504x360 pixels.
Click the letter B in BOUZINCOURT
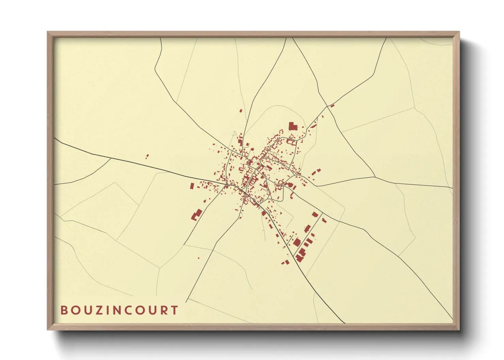pos(64,310)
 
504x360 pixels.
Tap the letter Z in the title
pos(97,310)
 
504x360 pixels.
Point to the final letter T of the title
pos(175,310)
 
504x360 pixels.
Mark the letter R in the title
pos(164,310)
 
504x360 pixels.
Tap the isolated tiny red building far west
pos(147,157)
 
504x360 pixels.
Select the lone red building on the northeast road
pos(332,106)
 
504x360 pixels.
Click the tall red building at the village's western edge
pos(192,186)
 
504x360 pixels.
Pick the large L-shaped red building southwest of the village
pos(196,215)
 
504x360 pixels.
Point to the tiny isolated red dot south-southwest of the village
pos(199,258)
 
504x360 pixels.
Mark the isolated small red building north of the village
pos(241,111)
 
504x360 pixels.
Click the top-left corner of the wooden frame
pos(48,32)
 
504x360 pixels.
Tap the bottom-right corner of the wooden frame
pos(459,330)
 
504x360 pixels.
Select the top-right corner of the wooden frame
pos(459,32)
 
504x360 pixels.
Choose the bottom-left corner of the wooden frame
pos(48,330)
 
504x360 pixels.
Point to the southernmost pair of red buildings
pos(285,262)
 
